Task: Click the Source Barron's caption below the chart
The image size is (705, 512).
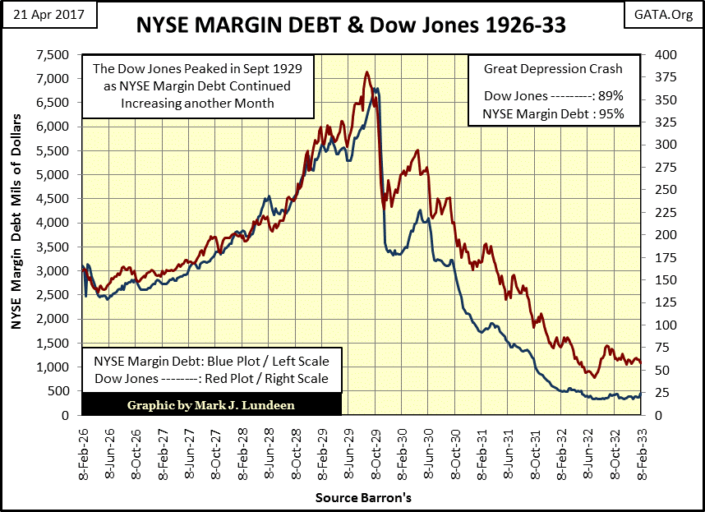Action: [362, 498]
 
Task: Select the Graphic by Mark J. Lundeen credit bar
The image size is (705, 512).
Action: [212, 404]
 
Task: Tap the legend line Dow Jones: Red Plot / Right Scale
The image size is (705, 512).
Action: [211, 379]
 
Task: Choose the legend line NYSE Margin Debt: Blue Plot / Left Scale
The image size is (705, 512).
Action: [211, 362]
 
